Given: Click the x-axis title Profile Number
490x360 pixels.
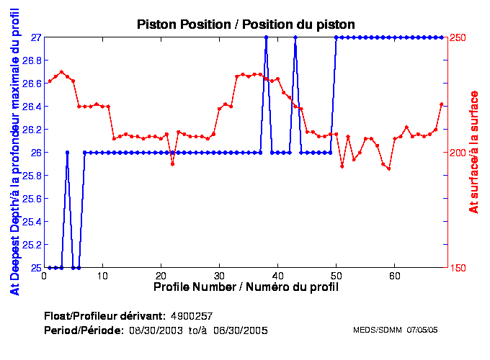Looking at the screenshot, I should [246, 287].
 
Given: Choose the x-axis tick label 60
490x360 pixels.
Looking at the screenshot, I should [394, 275].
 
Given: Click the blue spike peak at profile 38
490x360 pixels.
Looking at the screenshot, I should [266, 37].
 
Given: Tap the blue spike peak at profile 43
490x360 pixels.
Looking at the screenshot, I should [295, 37].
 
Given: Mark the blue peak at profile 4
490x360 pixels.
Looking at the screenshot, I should [67, 152].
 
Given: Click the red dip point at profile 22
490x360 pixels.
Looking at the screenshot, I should [172, 164].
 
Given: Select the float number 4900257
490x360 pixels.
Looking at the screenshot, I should [191, 316].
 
